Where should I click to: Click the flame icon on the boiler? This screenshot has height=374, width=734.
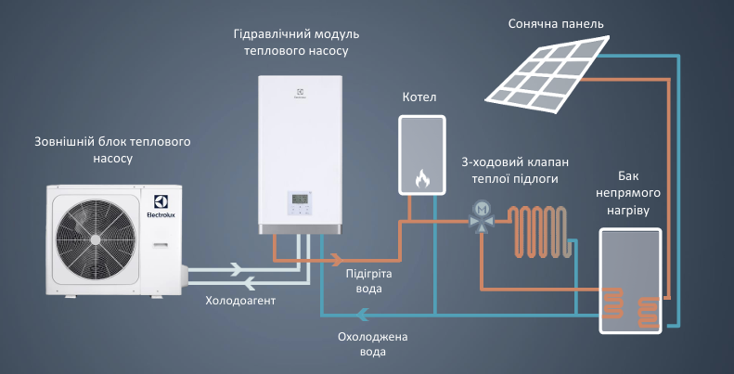click(x=423, y=175)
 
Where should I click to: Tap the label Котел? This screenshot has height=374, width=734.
click(x=419, y=97)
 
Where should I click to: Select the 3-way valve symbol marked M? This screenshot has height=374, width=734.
click(x=481, y=212)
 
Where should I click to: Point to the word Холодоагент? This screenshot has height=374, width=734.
click(x=240, y=302)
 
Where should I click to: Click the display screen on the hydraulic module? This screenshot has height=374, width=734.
click(x=302, y=199)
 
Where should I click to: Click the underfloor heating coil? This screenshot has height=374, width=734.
click(x=543, y=230)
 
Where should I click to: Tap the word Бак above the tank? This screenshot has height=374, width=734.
click(x=628, y=176)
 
